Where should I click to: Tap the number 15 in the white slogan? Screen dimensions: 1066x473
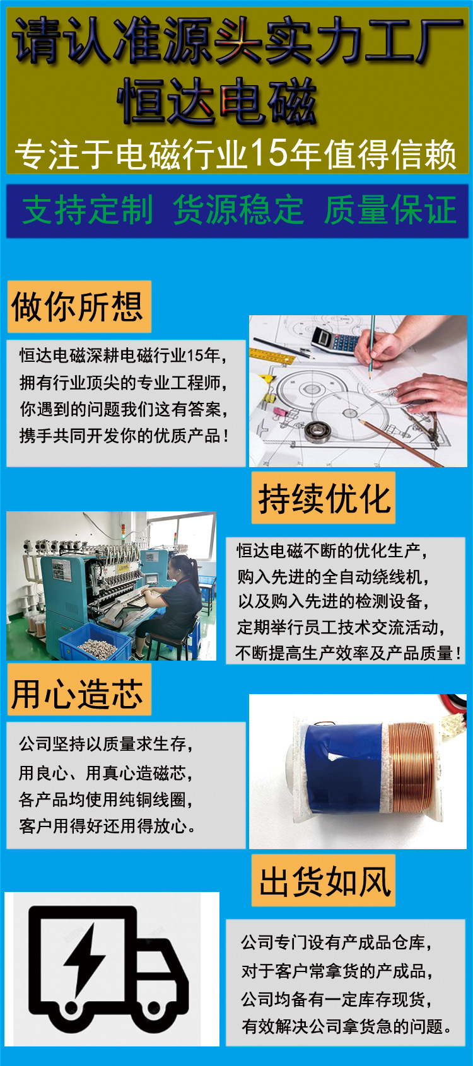pyautogui.click(x=269, y=153)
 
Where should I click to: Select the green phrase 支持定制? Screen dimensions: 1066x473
pyautogui.click(x=88, y=211)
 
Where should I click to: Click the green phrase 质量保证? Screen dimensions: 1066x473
pyautogui.click(x=390, y=211)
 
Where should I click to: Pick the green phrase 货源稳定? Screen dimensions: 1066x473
pyautogui.click(x=238, y=211)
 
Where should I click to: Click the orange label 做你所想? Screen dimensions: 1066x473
pyautogui.click(x=79, y=307)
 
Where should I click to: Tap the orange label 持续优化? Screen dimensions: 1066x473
pyautogui.click(x=324, y=498)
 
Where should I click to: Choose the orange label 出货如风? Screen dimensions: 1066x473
pyautogui.click(x=324, y=881)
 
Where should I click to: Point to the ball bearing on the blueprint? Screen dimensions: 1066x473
pyautogui.click(x=318, y=431)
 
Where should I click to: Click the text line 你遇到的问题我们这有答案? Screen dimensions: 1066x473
pyautogui.click(x=124, y=409)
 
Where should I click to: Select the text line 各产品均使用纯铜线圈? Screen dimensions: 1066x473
pyautogui.click(x=106, y=799)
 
